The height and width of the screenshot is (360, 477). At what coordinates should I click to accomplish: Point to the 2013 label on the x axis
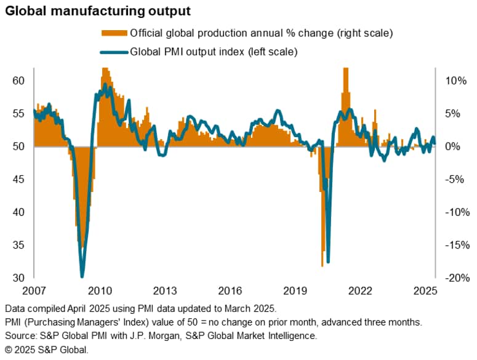click(x=166, y=290)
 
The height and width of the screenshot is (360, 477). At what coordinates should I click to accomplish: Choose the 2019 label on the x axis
click(x=299, y=290)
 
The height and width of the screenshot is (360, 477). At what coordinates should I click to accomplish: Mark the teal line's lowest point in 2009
click(x=82, y=276)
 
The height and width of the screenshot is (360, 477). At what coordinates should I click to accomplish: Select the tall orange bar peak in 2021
click(x=345, y=70)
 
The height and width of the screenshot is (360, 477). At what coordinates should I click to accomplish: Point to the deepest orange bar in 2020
click(x=323, y=266)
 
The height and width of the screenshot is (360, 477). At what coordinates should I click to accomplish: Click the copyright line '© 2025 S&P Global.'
click(x=46, y=349)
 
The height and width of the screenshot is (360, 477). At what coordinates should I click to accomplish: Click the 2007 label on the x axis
click(x=34, y=290)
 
